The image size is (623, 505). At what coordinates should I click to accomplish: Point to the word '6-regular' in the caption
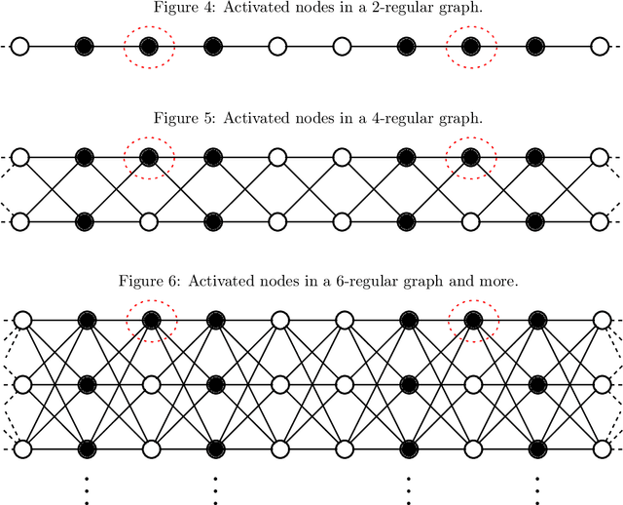click(x=383, y=281)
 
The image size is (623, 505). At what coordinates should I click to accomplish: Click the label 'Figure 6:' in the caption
click(x=149, y=281)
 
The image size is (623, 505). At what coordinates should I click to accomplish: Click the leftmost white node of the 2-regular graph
click(x=20, y=47)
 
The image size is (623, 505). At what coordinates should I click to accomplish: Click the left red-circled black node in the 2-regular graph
click(x=149, y=47)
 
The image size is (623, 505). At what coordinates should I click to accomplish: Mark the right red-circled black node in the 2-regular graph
click(x=471, y=47)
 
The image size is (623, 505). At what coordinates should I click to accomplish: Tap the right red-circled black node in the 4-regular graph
click(x=471, y=156)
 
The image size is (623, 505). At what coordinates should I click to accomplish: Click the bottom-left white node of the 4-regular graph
click(x=20, y=221)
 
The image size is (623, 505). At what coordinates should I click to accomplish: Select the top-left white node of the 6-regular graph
click(x=20, y=320)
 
